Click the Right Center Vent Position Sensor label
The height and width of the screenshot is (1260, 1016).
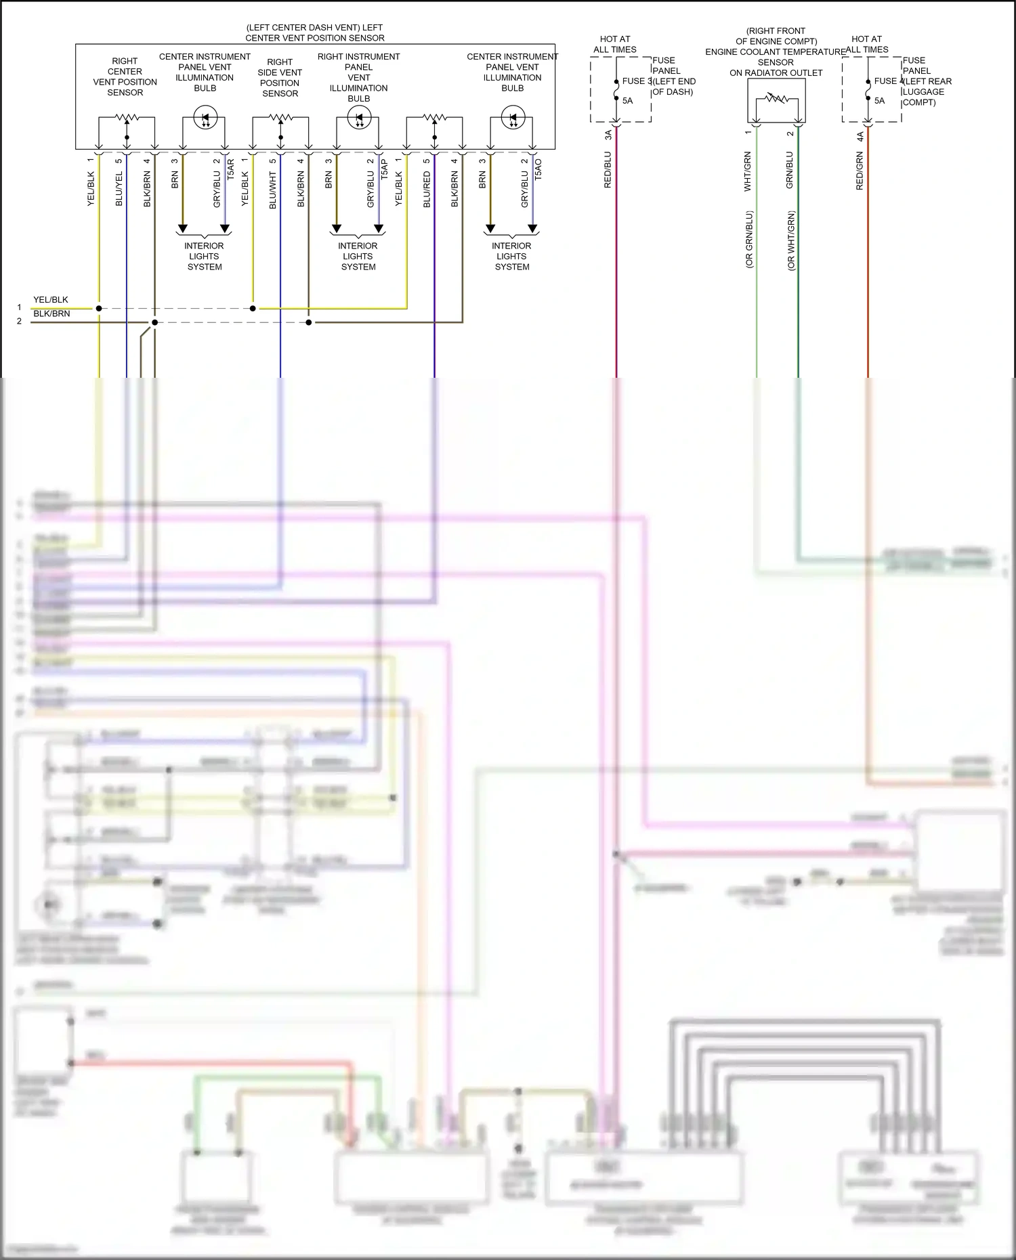click(x=125, y=77)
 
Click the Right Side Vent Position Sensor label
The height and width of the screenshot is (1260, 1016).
click(x=280, y=78)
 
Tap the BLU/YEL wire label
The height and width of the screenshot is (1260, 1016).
click(x=119, y=189)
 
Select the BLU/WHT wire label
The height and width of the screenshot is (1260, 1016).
click(x=273, y=190)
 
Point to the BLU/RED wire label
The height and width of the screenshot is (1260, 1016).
click(x=427, y=190)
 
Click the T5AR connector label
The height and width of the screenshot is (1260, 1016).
click(x=230, y=169)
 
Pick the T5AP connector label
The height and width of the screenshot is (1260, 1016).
click(x=384, y=169)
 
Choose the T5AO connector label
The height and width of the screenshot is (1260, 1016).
click(x=538, y=169)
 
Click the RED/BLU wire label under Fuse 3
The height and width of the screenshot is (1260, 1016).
click(x=608, y=170)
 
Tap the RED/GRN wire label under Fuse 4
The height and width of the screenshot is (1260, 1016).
click(x=860, y=171)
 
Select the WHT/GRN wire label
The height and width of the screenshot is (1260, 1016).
click(x=748, y=171)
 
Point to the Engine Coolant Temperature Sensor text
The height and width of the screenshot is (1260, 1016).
click(x=776, y=52)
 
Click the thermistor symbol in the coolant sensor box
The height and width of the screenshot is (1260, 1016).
click(x=777, y=99)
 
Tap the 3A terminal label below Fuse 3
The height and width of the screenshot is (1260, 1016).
click(x=608, y=136)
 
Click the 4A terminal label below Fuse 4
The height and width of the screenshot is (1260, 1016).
click(x=860, y=136)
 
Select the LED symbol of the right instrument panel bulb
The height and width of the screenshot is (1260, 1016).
click(x=359, y=118)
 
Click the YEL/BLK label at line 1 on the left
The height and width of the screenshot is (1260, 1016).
click(x=51, y=300)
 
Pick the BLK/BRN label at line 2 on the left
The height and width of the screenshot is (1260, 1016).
click(x=51, y=314)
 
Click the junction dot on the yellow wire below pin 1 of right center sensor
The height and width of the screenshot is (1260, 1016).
click(x=99, y=309)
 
